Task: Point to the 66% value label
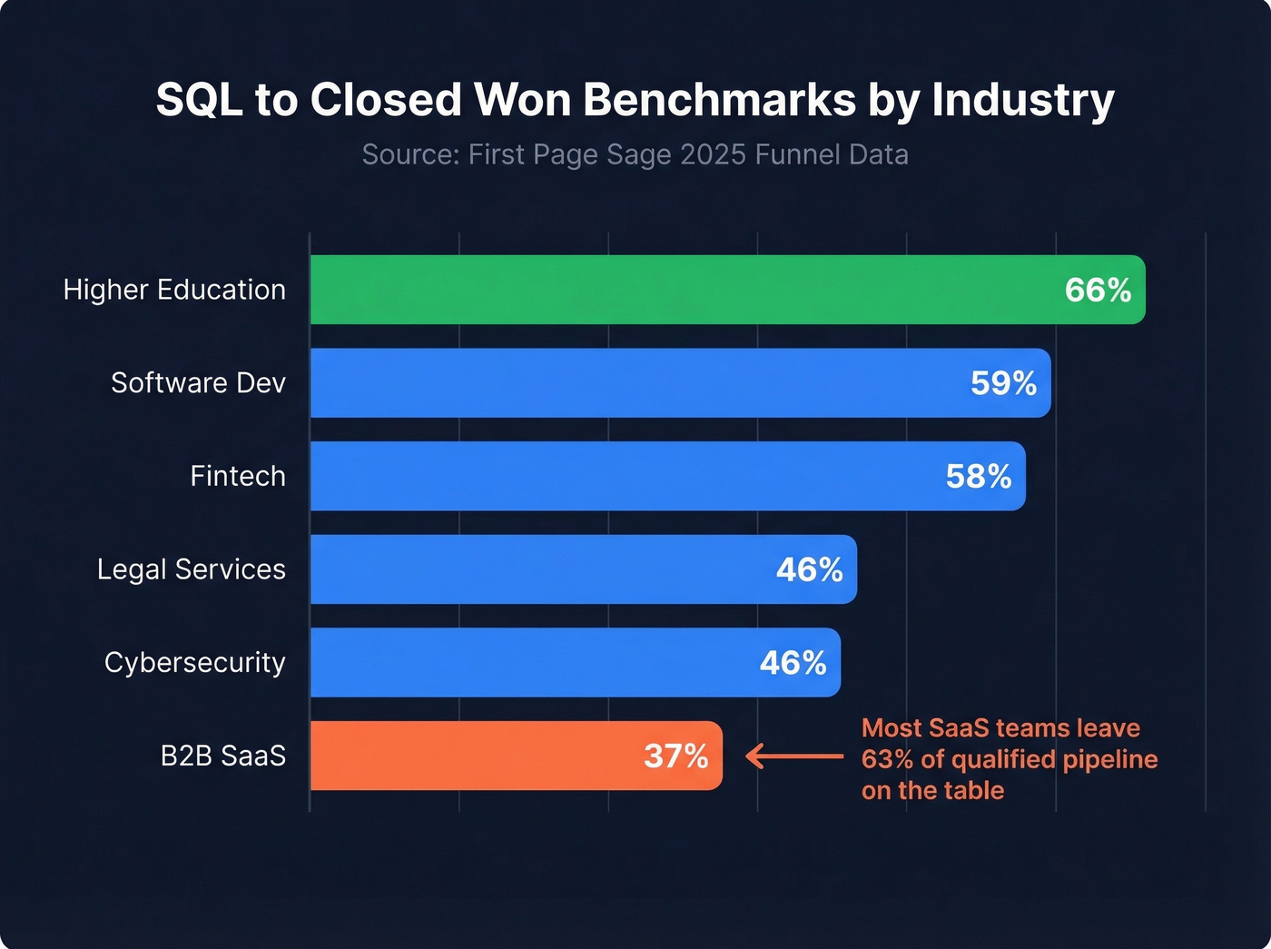tap(1098, 291)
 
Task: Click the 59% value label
tap(1003, 383)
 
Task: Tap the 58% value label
tap(978, 477)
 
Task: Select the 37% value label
tap(675, 756)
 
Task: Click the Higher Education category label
tap(174, 290)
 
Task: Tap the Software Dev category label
tap(198, 383)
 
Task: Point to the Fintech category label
tap(238, 476)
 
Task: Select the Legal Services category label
tap(192, 569)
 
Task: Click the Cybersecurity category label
tap(194, 663)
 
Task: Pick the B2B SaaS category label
tap(223, 756)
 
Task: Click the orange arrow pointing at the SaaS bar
tap(794, 756)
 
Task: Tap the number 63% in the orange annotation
tap(887, 759)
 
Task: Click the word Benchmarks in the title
tap(719, 100)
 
